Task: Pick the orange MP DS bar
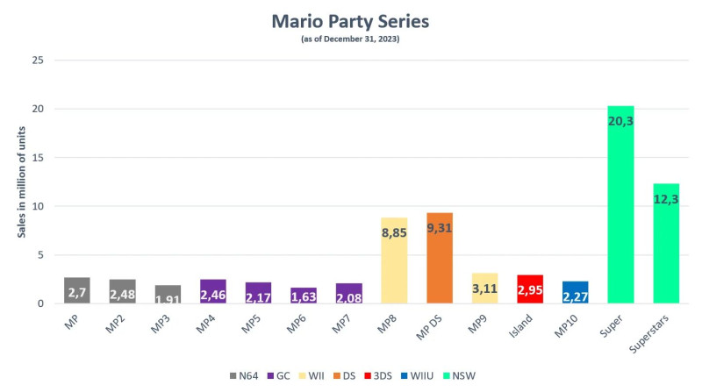coord(440,263)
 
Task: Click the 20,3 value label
coord(620,120)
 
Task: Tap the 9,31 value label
coord(440,227)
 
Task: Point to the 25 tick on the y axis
coord(38,61)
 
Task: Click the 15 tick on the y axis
coord(38,158)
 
